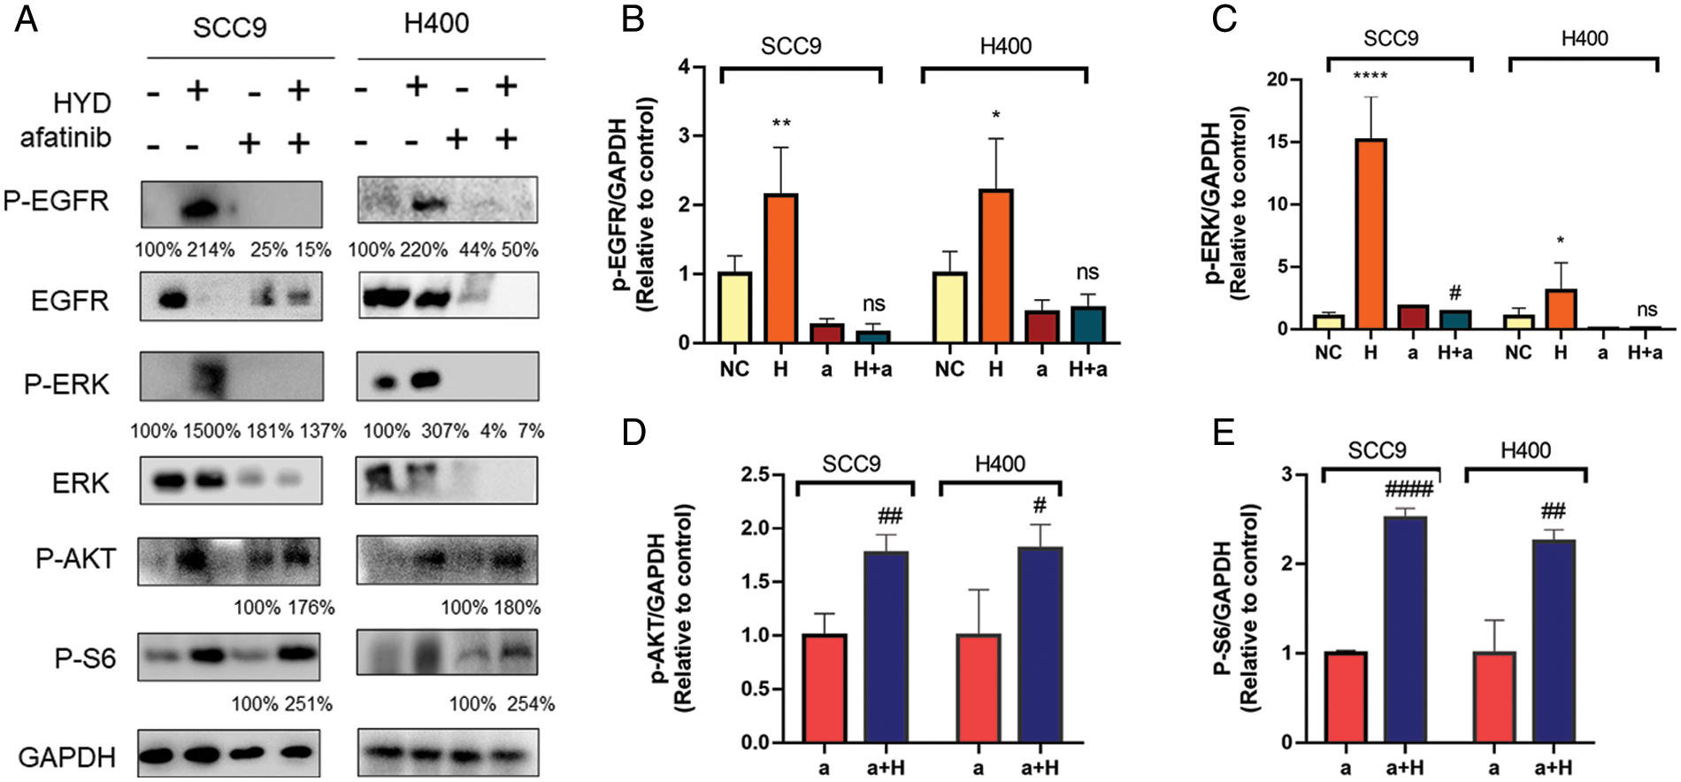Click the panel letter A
tap(26, 19)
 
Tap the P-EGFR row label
tap(57, 201)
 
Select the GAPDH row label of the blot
tap(67, 757)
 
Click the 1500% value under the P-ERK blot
tap(211, 431)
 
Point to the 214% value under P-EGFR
tap(211, 249)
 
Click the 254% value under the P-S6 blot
tap(531, 704)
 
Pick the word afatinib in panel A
tap(66, 138)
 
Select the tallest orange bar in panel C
tap(1370, 234)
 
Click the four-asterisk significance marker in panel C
tap(1370, 77)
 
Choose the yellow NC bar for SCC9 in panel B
tap(734, 307)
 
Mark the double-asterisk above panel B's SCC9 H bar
tap(780, 124)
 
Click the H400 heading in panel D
tap(1000, 464)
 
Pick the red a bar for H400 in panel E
tap(1494, 697)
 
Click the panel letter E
tap(1224, 434)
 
